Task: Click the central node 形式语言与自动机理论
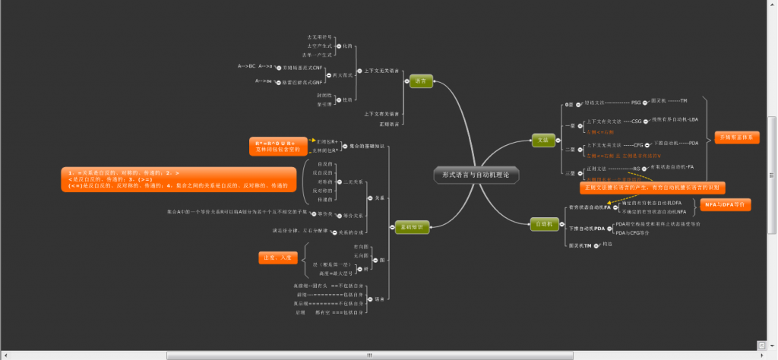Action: [476, 175]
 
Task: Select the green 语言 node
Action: [421, 81]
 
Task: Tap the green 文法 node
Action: [542, 139]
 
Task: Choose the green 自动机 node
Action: [543, 223]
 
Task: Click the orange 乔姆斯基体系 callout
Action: [736, 137]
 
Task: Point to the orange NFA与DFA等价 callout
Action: [726, 204]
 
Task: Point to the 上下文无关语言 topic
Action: [381, 71]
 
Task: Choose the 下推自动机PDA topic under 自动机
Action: [587, 228]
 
